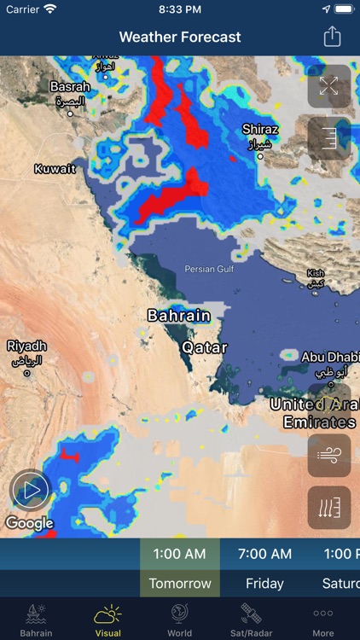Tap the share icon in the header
coord(332,37)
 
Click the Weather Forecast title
coord(180,38)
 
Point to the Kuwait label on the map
coord(55,169)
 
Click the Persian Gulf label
coord(209,270)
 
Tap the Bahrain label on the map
coord(179,316)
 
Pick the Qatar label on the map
coord(206,348)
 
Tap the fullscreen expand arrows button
coord(329,85)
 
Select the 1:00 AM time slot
coord(179,554)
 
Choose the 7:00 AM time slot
coord(264,554)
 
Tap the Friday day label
coord(264,584)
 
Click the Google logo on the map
coord(29,523)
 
